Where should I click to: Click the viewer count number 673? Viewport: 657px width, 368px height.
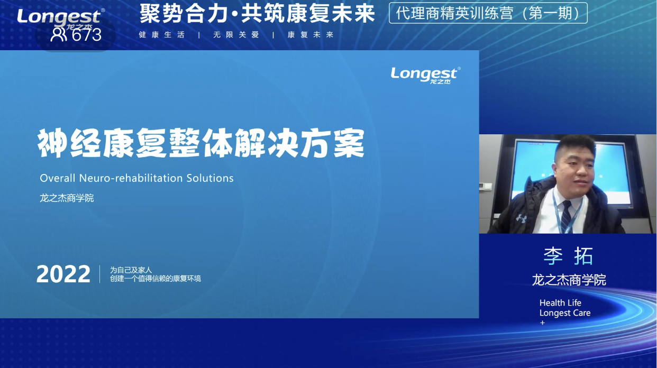[87, 35]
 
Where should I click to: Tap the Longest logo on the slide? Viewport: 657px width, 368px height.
[425, 76]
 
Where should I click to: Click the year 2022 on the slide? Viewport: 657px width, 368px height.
[63, 274]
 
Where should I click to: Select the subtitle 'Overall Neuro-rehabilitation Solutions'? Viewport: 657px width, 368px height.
[136, 178]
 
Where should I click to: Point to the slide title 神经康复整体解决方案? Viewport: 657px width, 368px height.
[201, 144]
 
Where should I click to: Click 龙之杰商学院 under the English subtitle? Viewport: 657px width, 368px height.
[67, 198]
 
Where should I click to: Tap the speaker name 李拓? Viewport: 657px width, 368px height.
[569, 256]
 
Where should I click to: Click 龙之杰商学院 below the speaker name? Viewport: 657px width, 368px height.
[569, 280]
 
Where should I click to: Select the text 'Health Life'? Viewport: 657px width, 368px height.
[560, 302]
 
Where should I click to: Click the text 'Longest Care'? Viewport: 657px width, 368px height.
[565, 313]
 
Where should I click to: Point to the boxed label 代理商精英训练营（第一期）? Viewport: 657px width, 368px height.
[488, 13]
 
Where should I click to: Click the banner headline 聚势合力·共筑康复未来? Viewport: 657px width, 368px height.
[257, 14]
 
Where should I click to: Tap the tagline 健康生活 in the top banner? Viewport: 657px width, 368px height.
[162, 35]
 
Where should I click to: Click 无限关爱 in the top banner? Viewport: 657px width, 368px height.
[236, 35]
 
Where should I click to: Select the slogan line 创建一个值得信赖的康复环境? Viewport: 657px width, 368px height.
[156, 279]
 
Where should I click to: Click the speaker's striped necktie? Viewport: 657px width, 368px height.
[567, 216]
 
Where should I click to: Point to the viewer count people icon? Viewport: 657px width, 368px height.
[59, 35]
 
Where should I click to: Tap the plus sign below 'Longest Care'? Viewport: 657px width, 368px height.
[543, 323]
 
